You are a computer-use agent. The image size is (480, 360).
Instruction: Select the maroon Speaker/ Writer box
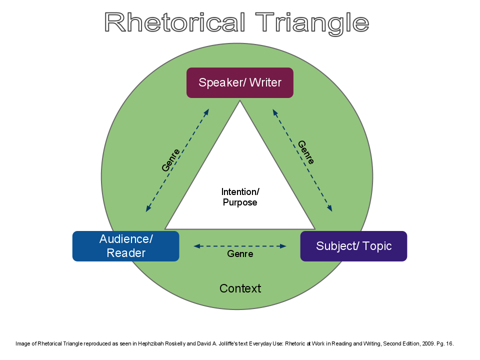[240, 82]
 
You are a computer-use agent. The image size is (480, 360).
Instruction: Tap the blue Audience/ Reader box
[125, 246]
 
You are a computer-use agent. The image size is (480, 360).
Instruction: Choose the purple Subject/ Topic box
[353, 246]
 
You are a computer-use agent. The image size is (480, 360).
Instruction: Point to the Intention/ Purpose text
[240, 197]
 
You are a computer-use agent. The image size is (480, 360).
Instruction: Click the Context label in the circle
[240, 288]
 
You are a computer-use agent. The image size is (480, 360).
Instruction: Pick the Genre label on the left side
[170, 160]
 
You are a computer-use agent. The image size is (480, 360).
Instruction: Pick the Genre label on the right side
[306, 152]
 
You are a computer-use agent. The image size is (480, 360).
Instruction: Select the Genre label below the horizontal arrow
[240, 254]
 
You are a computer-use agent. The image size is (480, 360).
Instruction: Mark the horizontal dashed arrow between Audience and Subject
[240, 246]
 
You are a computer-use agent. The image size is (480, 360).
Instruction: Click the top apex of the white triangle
[240, 101]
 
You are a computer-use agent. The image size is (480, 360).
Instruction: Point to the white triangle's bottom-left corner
[166, 228]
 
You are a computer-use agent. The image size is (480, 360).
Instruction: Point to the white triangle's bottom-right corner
[314, 228]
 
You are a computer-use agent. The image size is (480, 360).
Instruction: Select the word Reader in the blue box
[126, 253]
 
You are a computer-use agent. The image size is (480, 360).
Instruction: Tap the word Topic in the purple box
[377, 246]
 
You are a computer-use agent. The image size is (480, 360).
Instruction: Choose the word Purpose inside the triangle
[240, 202]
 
